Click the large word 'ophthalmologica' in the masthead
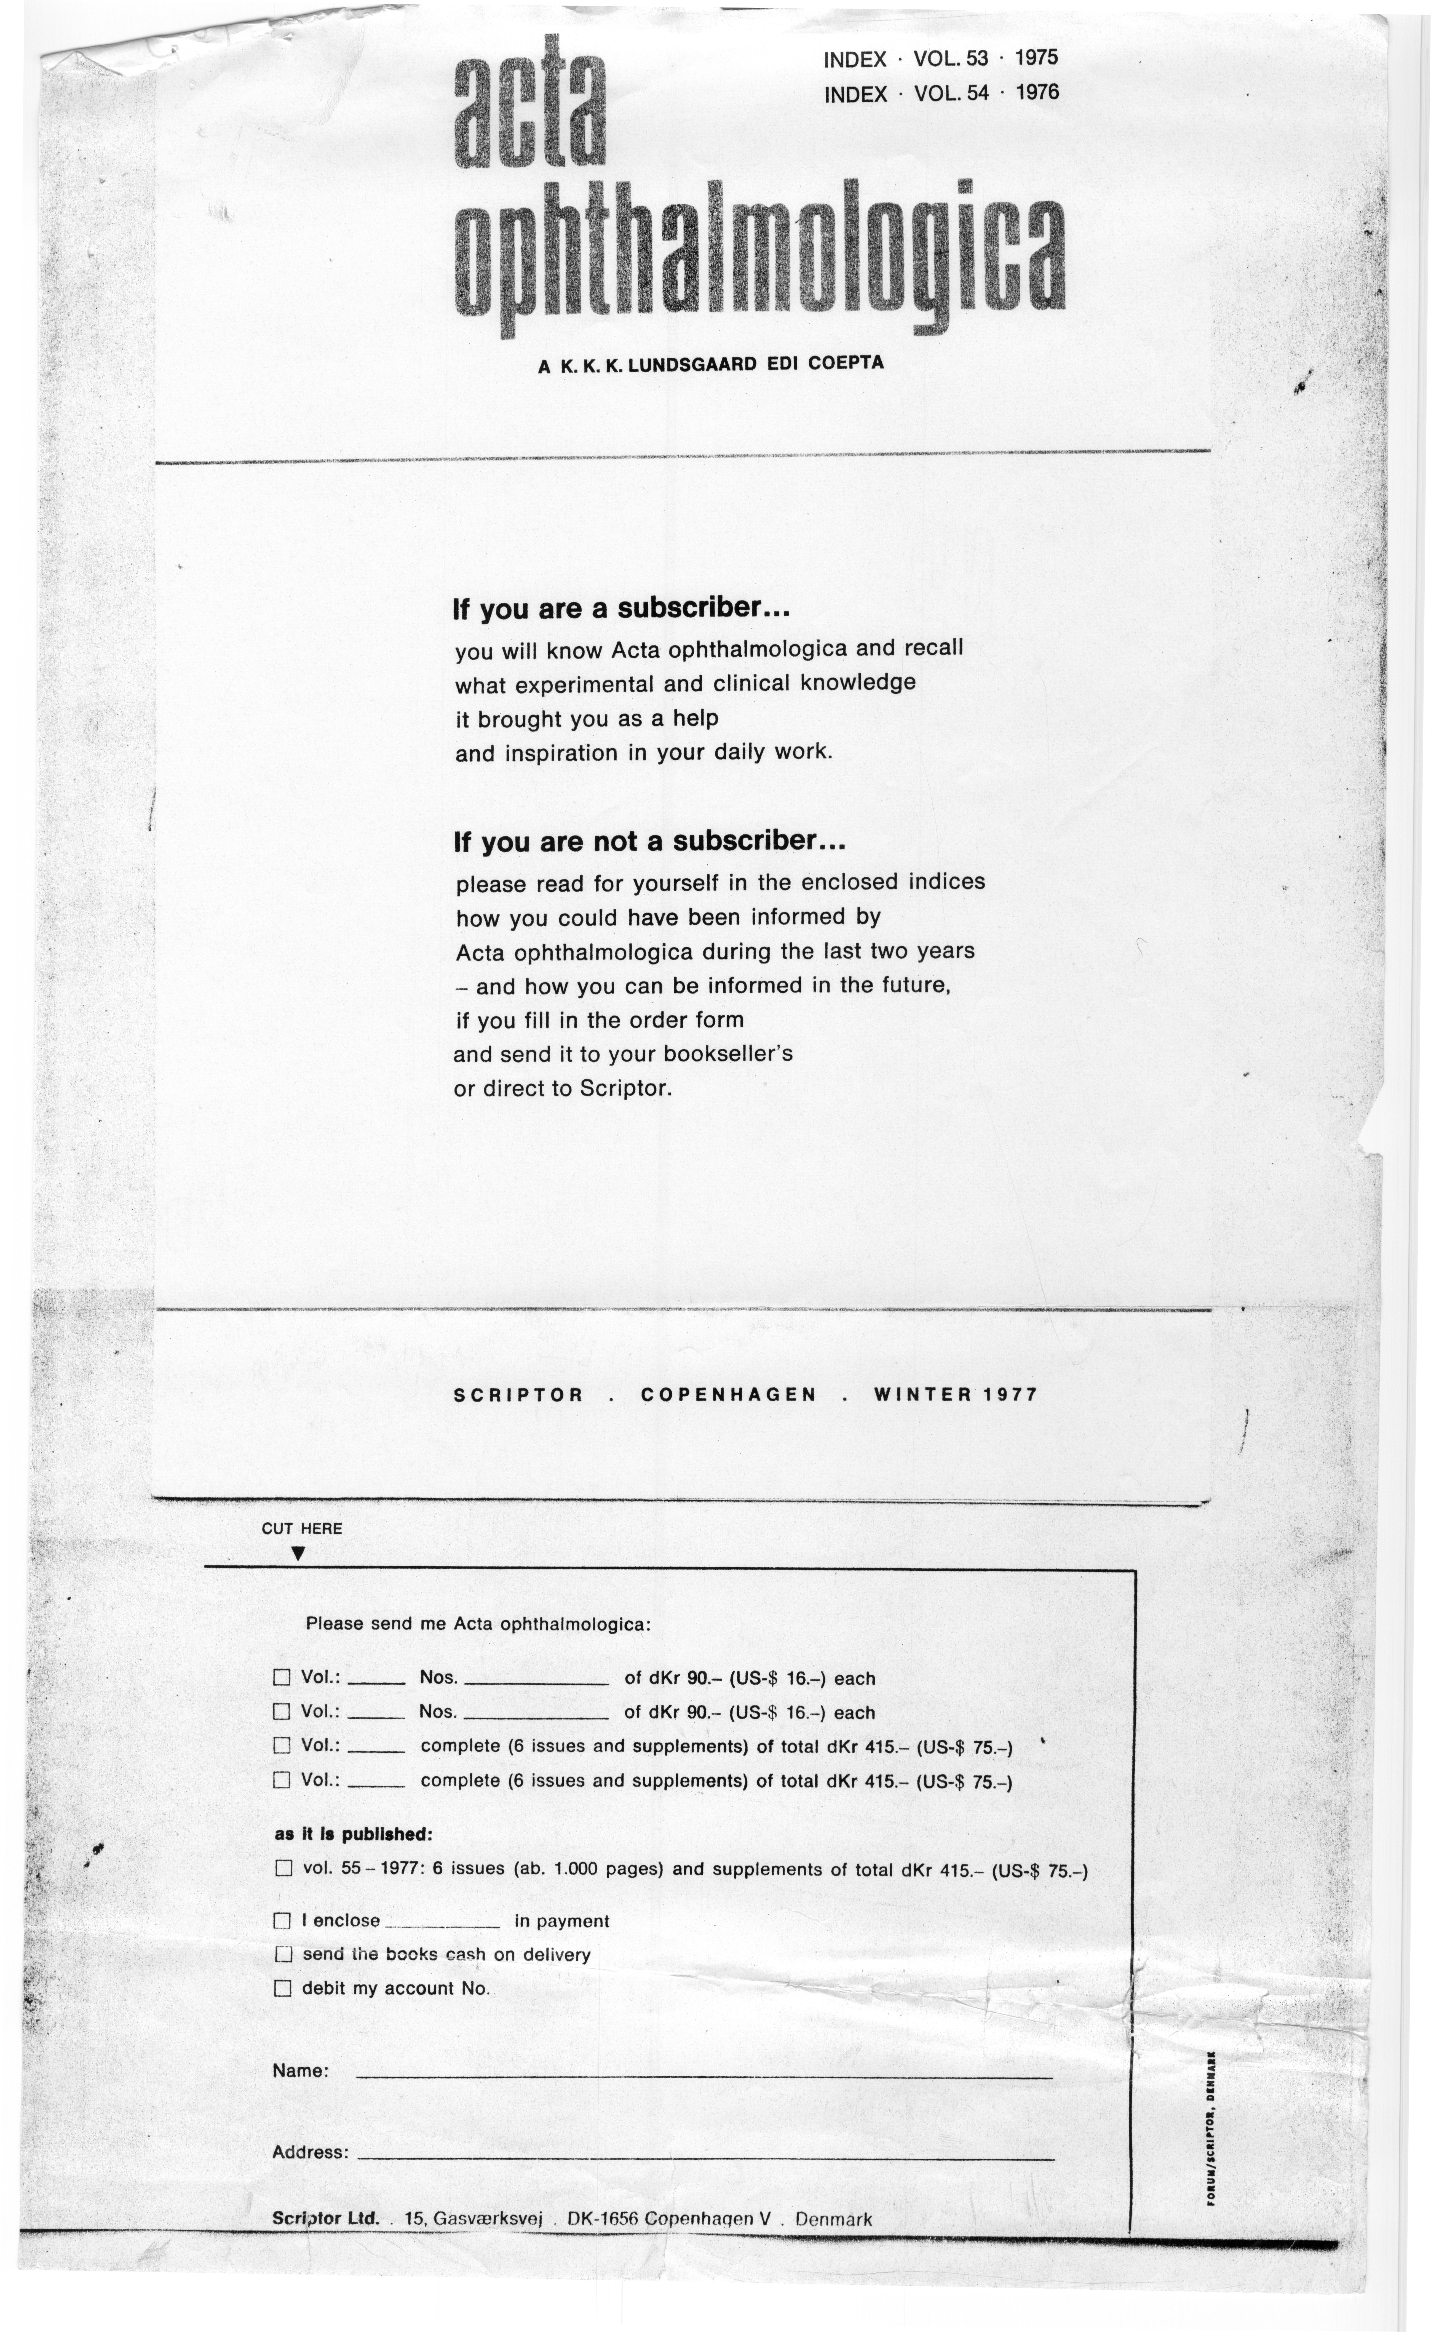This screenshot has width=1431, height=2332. point(760,255)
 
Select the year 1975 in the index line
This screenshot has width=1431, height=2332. point(1036,58)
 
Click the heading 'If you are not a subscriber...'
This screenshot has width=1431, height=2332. point(649,841)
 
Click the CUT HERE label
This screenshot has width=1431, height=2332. point(302,1528)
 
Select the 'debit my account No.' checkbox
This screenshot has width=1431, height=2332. point(282,1989)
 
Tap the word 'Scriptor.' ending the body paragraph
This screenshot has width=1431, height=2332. point(625,1088)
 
